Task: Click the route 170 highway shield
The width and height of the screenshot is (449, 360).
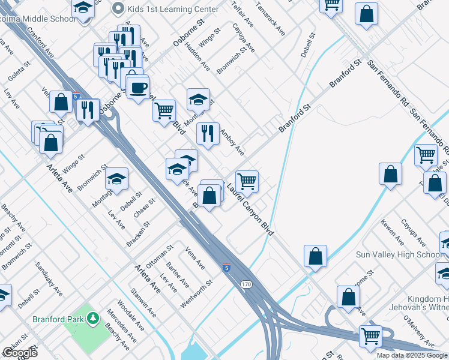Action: (247, 285)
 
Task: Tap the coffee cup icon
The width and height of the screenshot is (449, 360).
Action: (138, 88)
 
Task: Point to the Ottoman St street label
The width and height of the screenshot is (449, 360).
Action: (160, 256)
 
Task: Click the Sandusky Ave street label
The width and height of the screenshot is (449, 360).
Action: (49, 280)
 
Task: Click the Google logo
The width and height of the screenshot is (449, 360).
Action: (19, 352)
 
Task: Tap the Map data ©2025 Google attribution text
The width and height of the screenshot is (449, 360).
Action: (411, 355)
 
